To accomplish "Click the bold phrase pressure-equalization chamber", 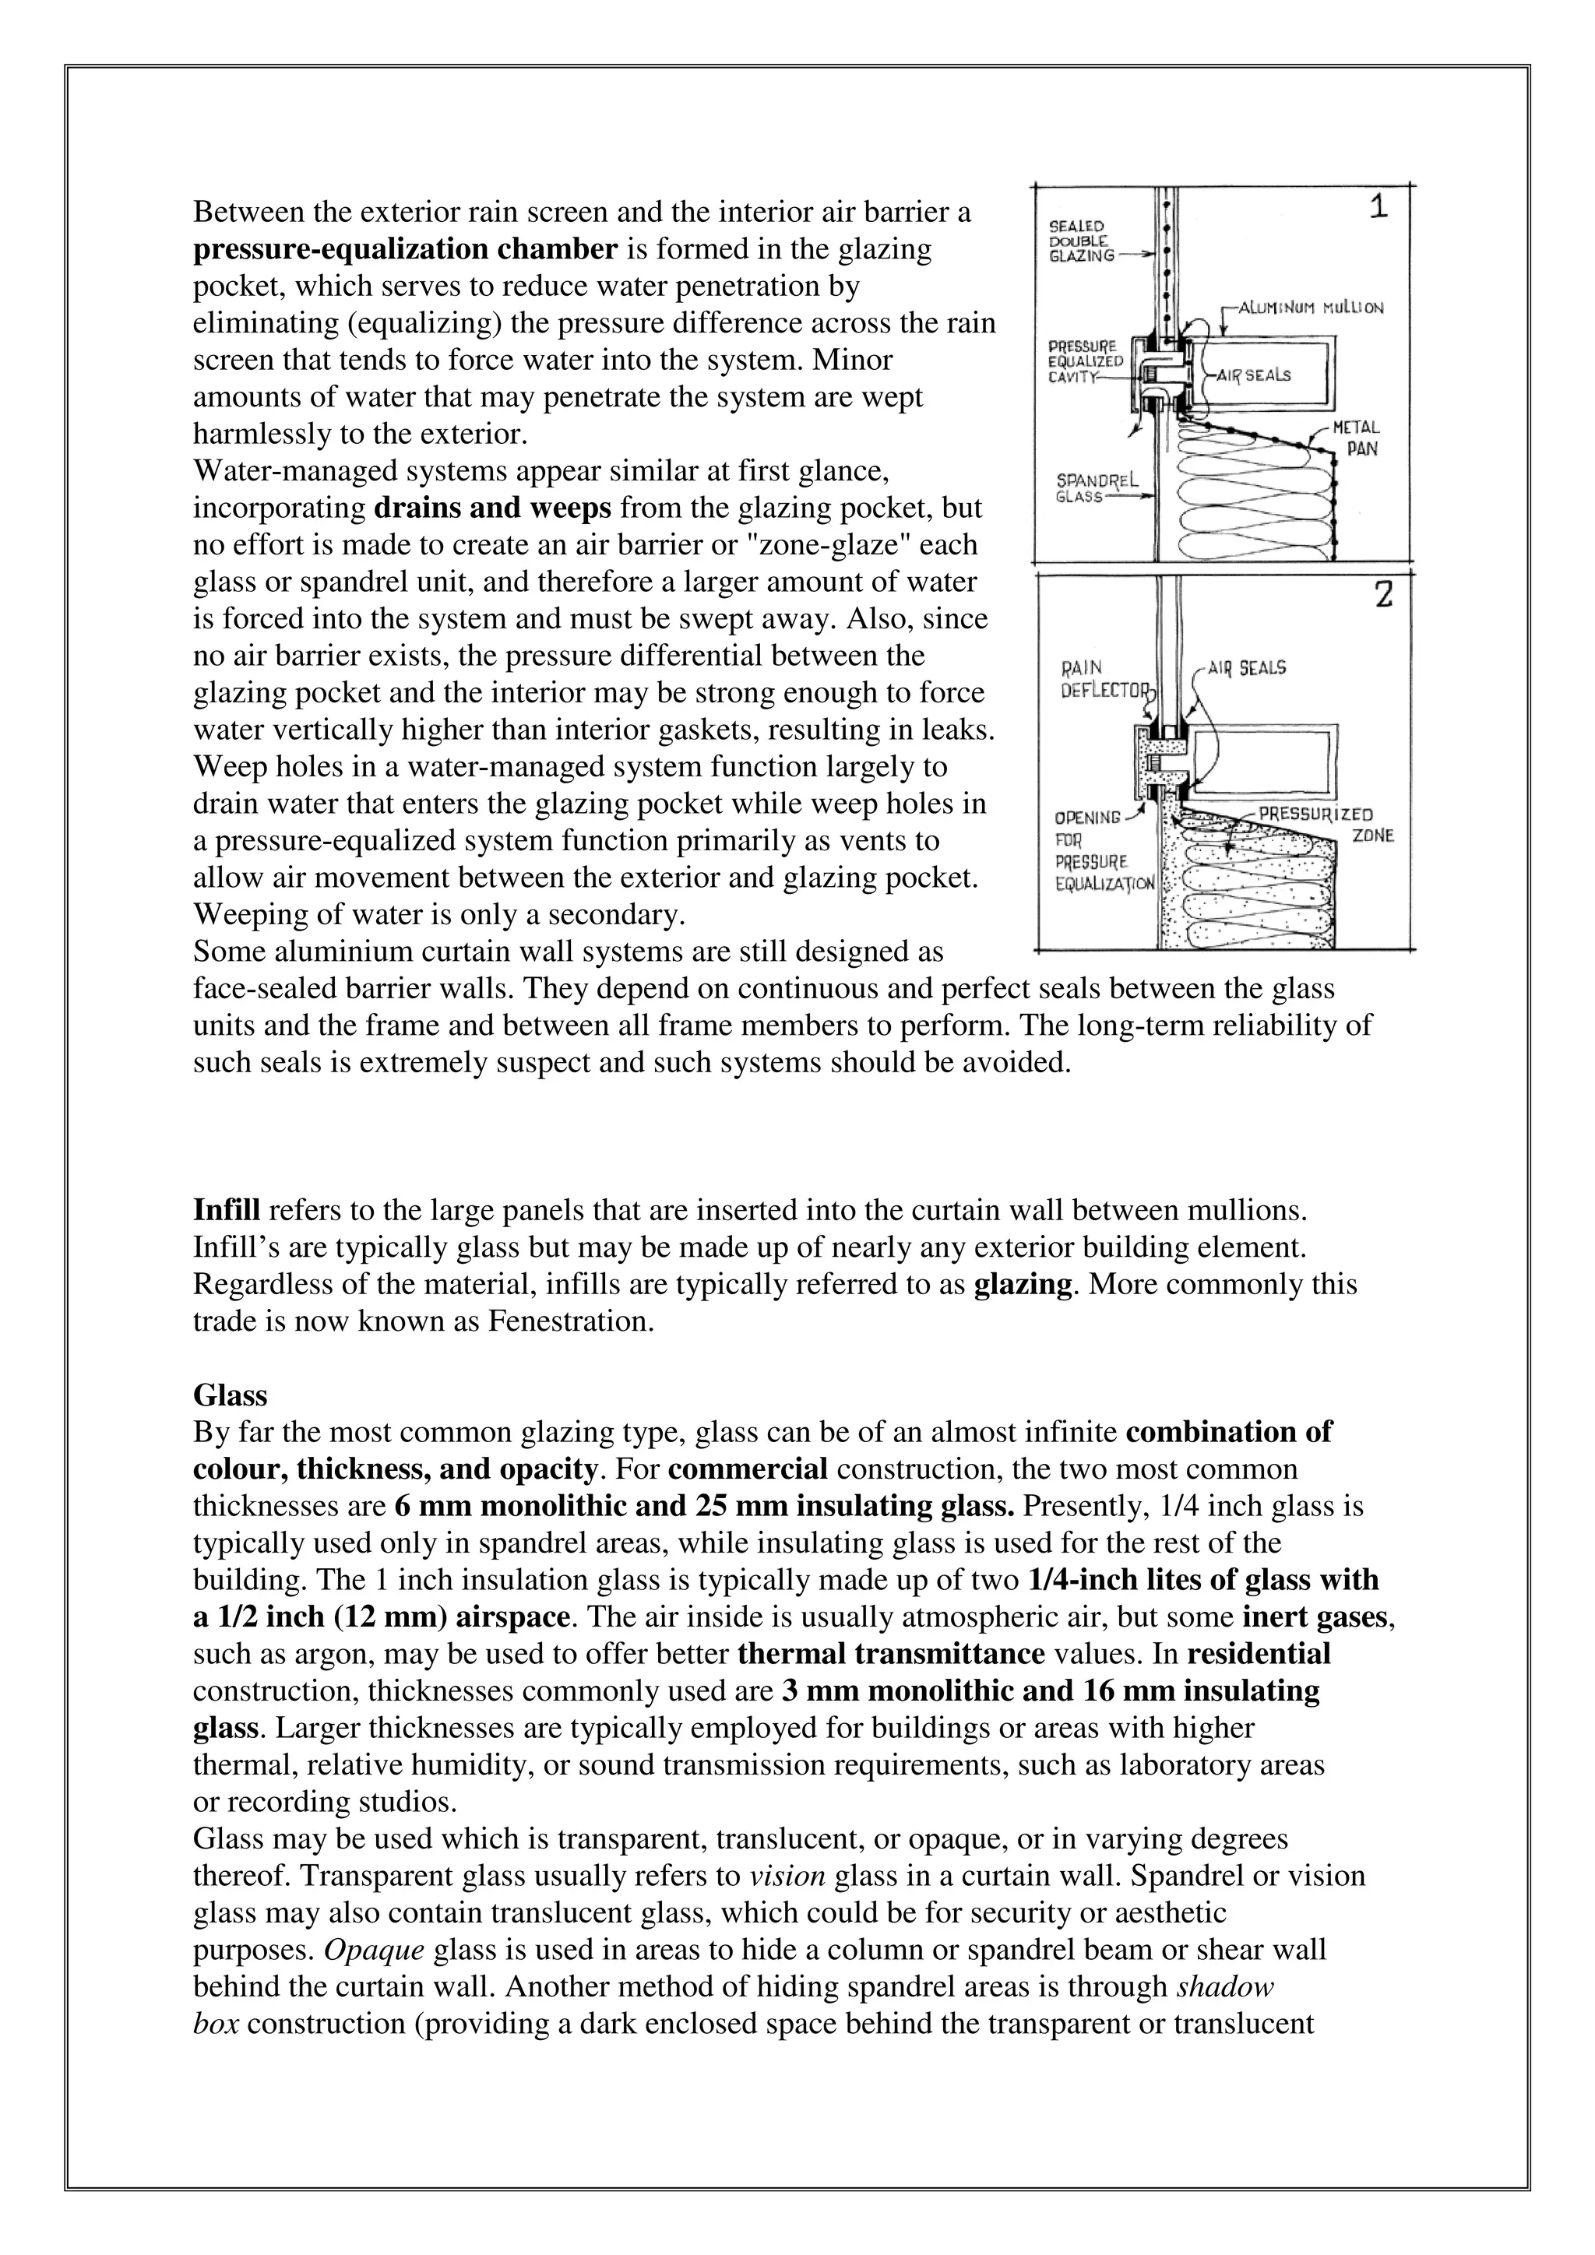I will [405, 249].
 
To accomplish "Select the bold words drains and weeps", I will [493, 508].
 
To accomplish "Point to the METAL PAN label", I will [1359, 438].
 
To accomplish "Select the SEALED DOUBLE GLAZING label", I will [1080, 241].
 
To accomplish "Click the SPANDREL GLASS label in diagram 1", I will [1095, 488].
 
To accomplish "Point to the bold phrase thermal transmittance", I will [890, 1654].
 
